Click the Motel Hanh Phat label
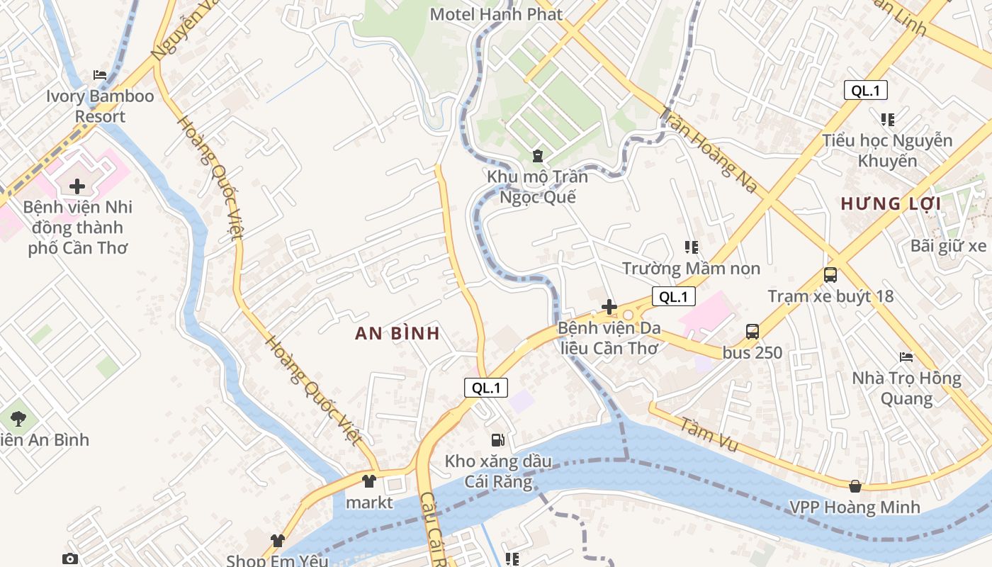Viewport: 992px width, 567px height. click(496, 14)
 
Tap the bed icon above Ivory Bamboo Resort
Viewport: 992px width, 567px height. click(100, 75)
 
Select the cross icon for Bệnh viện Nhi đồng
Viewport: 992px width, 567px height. click(77, 186)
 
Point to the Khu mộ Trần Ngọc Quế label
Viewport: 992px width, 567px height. click(537, 186)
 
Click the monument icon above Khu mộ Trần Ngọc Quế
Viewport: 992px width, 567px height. click(537, 155)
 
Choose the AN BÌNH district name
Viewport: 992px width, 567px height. click(398, 334)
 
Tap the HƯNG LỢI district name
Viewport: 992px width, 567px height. click(891, 204)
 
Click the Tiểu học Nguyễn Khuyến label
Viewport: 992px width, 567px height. click(887, 150)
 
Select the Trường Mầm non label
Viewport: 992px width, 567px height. click(691, 269)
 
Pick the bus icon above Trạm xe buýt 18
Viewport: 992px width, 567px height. click(830, 274)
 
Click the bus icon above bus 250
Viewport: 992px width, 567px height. click(752, 331)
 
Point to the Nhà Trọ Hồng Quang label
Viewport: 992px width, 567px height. click(906, 388)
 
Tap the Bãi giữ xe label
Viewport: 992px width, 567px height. click(948, 246)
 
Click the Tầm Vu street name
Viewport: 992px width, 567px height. click(709, 434)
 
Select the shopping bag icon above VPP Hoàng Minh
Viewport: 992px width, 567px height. click(855, 486)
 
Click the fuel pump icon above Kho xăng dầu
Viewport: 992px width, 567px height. click(498, 440)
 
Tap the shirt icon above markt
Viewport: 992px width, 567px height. click(369, 481)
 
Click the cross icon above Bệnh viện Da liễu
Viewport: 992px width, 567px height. click(609, 307)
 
